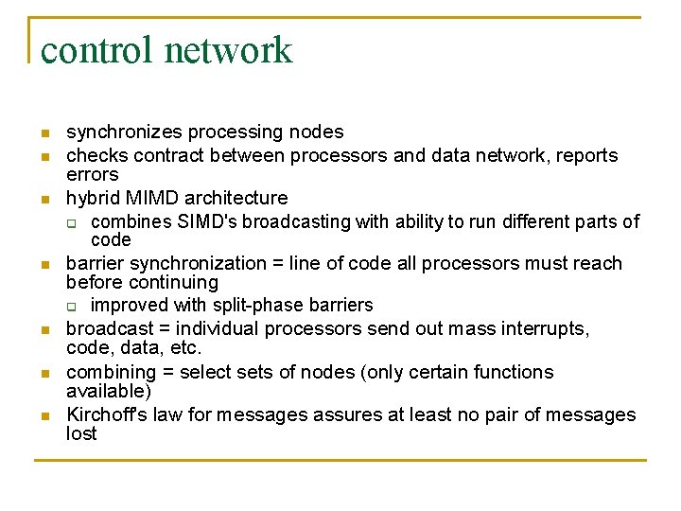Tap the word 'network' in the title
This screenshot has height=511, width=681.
tap(229, 49)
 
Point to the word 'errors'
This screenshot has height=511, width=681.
tap(92, 174)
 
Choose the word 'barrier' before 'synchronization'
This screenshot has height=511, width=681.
tap(94, 263)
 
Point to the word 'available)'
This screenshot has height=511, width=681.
tap(108, 391)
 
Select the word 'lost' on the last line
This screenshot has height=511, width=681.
tap(81, 433)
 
